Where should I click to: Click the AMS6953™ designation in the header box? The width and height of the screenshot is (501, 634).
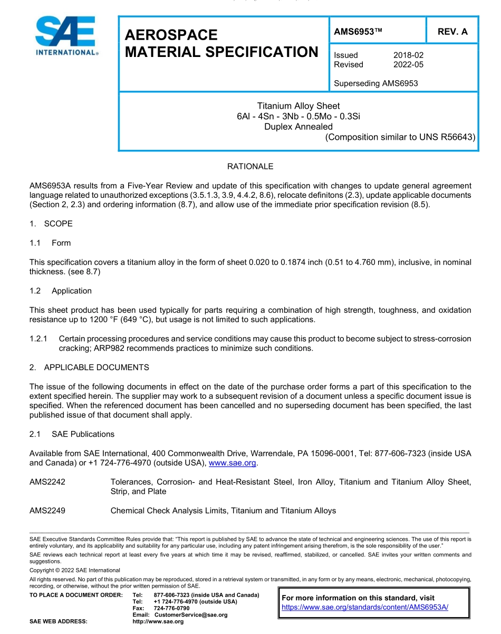point(358,32)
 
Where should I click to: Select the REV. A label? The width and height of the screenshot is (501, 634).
point(452,32)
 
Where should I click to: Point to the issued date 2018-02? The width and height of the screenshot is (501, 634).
point(408,55)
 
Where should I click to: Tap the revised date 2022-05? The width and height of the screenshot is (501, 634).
point(408,64)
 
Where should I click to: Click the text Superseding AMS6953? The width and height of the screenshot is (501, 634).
point(375,83)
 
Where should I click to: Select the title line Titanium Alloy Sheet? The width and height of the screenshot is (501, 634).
point(298,106)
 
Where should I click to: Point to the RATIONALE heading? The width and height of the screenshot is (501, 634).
point(250,167)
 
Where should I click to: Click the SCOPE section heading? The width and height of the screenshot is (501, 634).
point(58,224)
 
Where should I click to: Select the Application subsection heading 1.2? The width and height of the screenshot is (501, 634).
point(71,291)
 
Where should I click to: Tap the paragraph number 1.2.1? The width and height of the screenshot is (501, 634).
point(38,339)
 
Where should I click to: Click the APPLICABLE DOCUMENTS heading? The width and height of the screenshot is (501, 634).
point(96,367)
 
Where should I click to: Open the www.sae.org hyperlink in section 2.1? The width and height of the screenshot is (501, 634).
point(232,463)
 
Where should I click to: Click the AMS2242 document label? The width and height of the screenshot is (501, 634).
point(47,482)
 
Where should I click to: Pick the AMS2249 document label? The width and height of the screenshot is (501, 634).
point(47,511)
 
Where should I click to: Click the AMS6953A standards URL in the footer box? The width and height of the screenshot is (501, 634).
point(365,607)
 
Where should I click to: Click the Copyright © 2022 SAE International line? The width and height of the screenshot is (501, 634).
point(75,570)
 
